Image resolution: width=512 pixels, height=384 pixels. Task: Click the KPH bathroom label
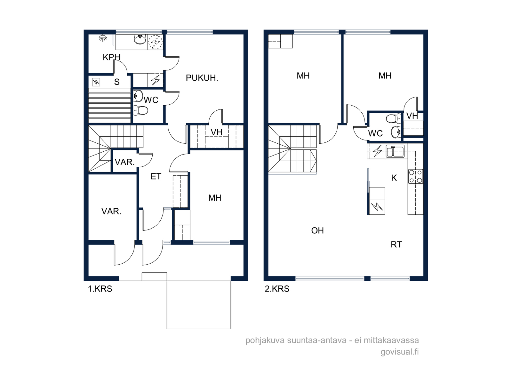click(111, 57)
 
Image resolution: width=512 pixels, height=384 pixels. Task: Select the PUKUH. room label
click(202, 78)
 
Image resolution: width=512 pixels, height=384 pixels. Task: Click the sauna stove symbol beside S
click(96, 82)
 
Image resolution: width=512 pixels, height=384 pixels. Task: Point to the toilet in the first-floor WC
click(140, 110)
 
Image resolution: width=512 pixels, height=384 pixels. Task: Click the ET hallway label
click(156, 177)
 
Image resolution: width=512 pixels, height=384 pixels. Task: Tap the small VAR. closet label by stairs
click(124, 162)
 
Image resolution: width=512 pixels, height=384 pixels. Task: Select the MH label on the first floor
click(215, 198)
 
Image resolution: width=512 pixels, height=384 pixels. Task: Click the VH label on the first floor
click(216, 132)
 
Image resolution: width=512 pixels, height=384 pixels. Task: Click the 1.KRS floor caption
click(100, 289)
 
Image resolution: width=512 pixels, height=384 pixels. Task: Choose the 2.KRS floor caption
click(277, 289)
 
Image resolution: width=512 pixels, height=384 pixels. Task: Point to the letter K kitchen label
click(394, 178)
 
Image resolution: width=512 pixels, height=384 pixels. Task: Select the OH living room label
click(317, 231)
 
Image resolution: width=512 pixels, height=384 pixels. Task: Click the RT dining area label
click(396, 244)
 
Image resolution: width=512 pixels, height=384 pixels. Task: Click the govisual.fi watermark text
click(400, 352)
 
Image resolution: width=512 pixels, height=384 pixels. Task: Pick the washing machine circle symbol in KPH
click(155, 42)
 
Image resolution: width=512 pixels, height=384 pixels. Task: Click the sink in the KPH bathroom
click(140, 40)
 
